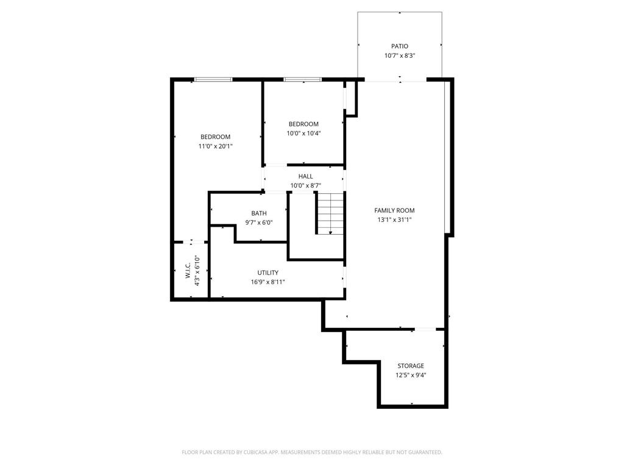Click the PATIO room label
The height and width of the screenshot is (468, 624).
pos(400,46)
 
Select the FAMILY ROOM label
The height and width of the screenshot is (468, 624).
pos(394,210)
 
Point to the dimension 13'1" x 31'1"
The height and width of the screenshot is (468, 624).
pos(394,220)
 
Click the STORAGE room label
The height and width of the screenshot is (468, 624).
pos(411,366)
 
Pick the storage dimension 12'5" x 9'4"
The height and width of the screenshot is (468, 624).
pos(411,375)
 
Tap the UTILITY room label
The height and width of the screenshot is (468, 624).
pos(268,272)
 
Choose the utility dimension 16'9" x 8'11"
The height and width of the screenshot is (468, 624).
pos(268,282)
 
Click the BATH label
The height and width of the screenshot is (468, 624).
pos(259,213)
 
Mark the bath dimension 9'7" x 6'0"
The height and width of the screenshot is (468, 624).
pos(259,222)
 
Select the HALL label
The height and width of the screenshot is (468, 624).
pos(305,177)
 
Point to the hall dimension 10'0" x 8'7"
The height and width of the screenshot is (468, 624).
pos(305,186)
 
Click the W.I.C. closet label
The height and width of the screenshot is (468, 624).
pos(188,271)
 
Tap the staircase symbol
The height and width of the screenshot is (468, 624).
pos(330,213)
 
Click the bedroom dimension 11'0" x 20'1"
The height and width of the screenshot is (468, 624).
pos(215,146)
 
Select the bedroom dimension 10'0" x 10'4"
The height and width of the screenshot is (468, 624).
pos(303,133)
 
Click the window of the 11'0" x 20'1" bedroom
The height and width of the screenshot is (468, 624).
pos(213,79)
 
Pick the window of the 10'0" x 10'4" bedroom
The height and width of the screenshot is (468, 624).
pos(302,79)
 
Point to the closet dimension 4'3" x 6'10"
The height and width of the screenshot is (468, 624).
pos(197,271)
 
